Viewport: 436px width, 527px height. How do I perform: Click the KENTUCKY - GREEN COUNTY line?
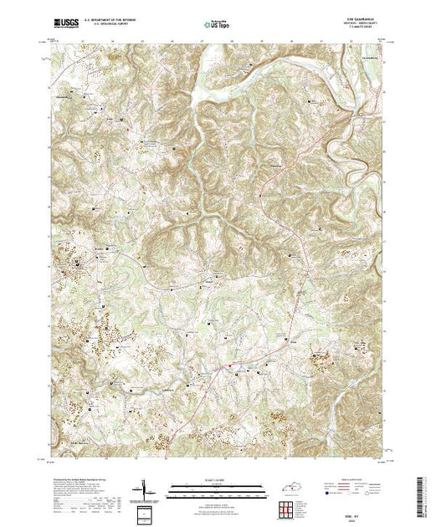352,24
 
